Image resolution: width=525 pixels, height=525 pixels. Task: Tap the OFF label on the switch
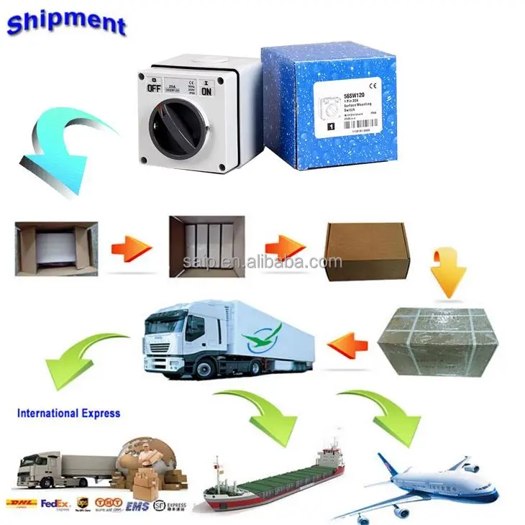pyautogui.click(x=154, y=88)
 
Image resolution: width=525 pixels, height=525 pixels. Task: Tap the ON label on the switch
pyautogui.click(x=207, y=91)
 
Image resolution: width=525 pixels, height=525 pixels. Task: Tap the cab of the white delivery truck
pyautogui.click(x=173, y=342)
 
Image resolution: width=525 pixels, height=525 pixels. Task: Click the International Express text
pyautogui.click(x=68, y=414)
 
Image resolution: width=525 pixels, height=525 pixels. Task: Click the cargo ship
pyautogui.click(x=273, y=475)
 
